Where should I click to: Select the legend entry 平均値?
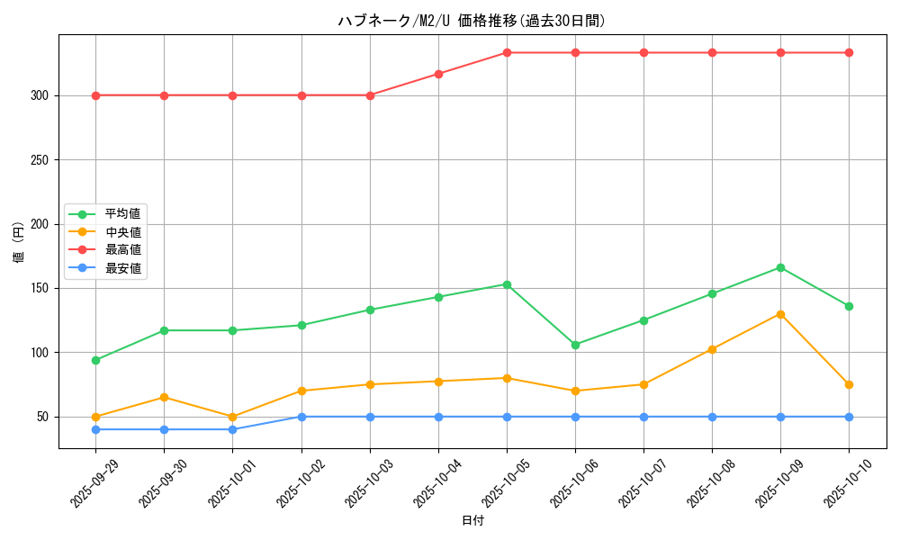(x=122, y=214)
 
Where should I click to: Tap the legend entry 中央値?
(x=122, y=232)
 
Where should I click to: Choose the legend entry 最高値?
(x=122, y=249)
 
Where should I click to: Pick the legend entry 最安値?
(x=122, y=267)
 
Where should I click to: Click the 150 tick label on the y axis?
(x=40, y=288)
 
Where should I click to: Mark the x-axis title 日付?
(x=472, y=521)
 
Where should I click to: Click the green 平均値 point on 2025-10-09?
(x=780, y=267)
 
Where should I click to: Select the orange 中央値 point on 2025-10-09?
(x=780, y=314)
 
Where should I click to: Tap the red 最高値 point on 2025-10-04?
(x=438, y=74)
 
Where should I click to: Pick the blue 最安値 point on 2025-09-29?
(x=95, y=429)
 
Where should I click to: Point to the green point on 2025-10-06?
(x=575, y=345)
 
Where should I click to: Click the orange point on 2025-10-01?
(x=232, y=417)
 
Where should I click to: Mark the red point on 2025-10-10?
(x=849, y=52)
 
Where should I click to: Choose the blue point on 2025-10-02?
(x=301, y=417)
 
